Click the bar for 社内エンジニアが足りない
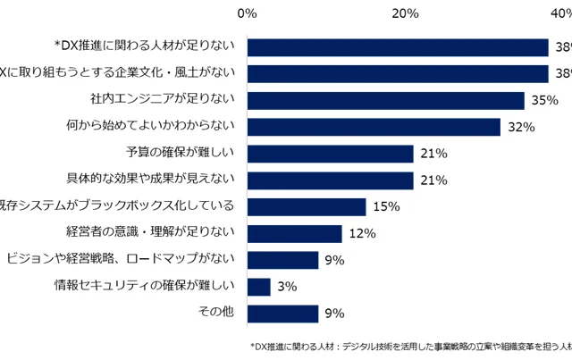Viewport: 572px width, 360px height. (x=385, y=100)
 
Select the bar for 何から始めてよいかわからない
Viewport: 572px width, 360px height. (x=374, y=127)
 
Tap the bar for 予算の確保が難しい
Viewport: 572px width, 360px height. (x=330, y=154)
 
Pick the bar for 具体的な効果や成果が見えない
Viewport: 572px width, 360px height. (x=330, y=180)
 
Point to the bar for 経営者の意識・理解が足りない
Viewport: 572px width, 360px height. (x=294, y=233)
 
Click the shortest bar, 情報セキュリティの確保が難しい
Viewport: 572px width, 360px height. (x=258, y=287)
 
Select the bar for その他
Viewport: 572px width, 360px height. (x=282, y=314)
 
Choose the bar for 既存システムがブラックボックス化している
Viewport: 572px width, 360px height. (x=307, y=207)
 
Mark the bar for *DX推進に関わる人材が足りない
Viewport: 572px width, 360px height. (x=398, y=47)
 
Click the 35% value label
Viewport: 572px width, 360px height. (x=544, y=100)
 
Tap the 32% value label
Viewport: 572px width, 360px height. (x=520, y=127)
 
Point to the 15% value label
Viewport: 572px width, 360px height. (x=385, y=207)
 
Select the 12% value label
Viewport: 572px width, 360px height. (x=361, y=234)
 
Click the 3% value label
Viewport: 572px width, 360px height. (x=287, y=287)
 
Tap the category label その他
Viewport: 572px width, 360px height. (x=214, y=313)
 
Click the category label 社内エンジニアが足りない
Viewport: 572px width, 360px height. (x=162, y=99)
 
